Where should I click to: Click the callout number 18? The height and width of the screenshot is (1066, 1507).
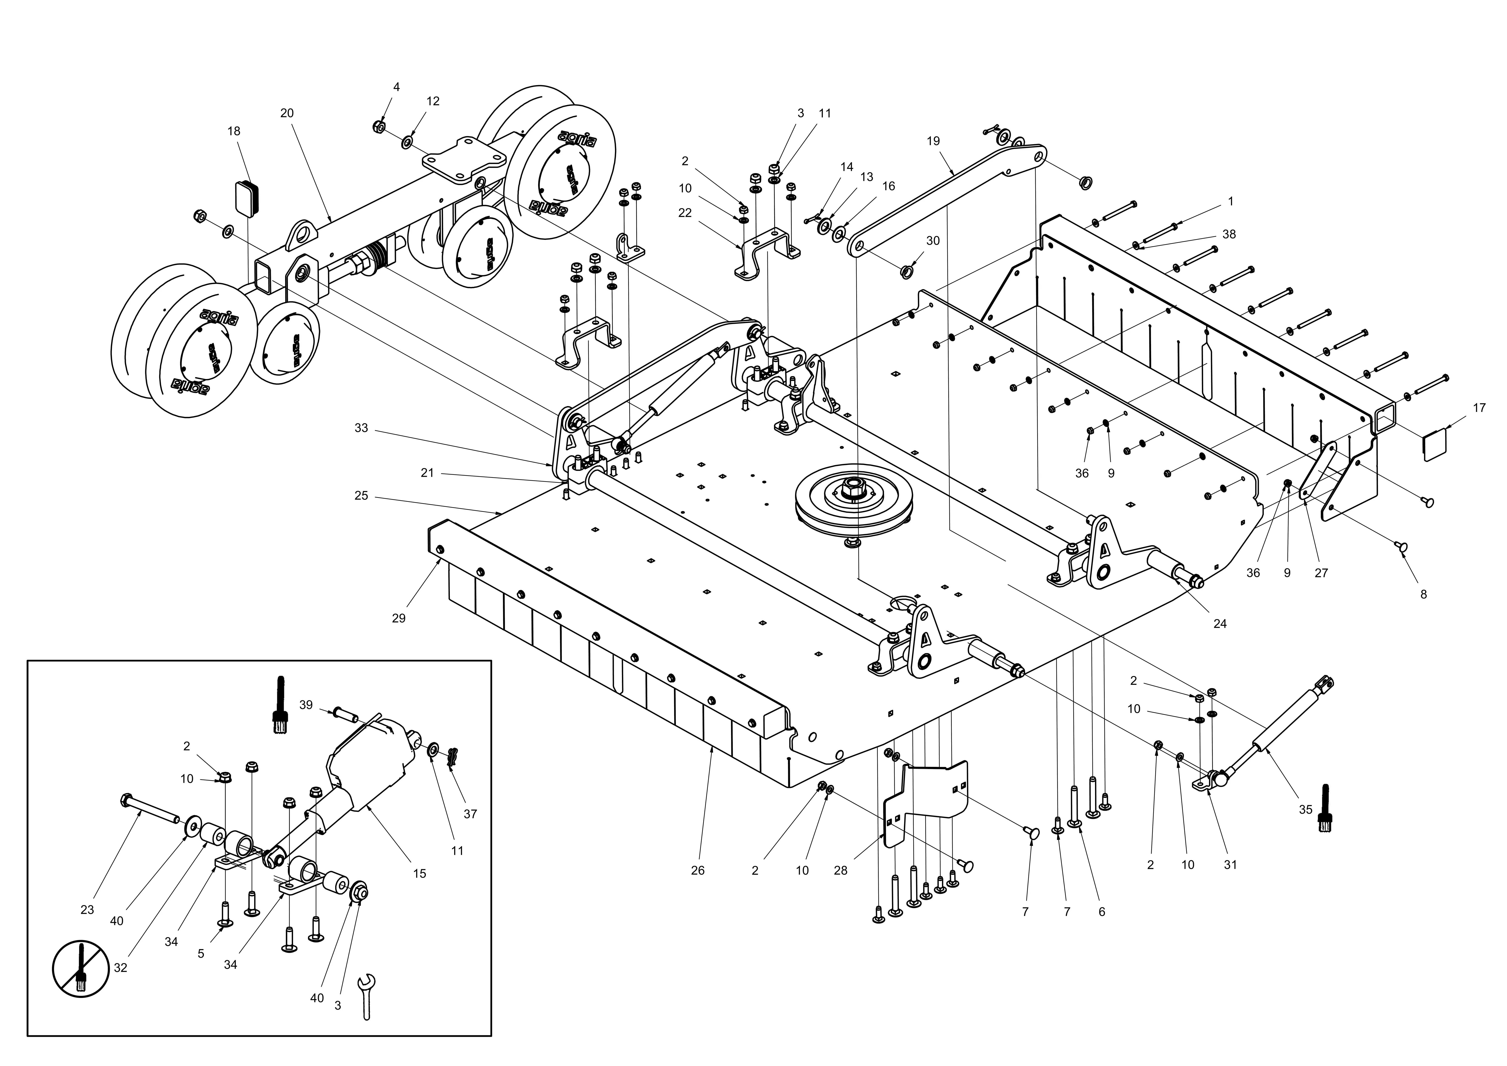coord(234,131)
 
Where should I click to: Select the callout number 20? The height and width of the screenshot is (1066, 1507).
coord(287,113)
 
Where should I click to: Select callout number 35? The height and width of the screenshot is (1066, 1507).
coord(1305,810)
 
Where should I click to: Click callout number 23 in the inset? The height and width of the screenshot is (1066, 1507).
coord(87,910)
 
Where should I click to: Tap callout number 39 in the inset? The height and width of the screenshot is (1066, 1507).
coord(306,705)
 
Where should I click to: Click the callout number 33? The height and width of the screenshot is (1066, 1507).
coord(361,428)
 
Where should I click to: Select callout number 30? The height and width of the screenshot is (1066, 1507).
coord(933,241)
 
